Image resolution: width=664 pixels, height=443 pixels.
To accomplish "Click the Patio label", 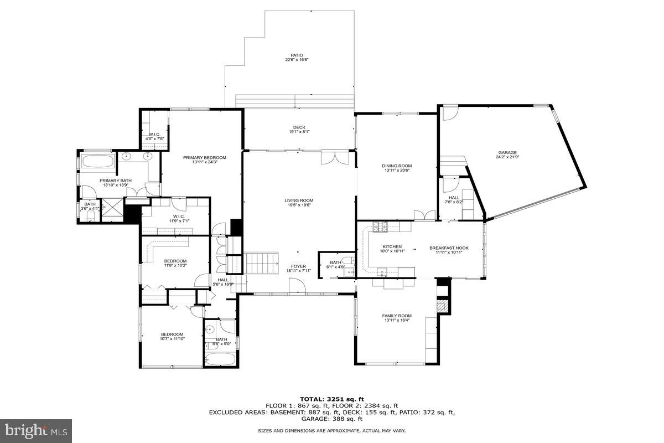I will (297, 55).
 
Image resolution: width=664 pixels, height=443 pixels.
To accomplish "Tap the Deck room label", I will (299, 127).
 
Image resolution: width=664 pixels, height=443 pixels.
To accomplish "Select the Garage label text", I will (507, 152).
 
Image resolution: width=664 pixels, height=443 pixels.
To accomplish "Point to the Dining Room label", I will (397, 166).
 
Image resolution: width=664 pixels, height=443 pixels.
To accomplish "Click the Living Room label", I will (299, 200).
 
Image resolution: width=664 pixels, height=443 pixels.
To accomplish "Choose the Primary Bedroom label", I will (205, 157).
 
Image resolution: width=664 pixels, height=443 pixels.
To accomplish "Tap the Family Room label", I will (397, 316).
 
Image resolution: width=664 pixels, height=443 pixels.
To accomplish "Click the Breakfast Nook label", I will (449, 248).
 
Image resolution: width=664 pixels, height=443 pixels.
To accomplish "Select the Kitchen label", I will (392, 247).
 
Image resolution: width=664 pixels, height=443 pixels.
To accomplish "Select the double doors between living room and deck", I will (335, 157).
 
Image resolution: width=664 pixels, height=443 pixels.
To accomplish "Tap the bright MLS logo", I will (37, 429).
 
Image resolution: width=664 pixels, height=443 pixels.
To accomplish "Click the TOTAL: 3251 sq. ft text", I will (332, 399).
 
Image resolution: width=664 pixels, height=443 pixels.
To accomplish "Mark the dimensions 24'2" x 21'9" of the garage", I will (507, 157).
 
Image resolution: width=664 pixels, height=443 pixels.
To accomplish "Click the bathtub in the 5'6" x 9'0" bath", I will (220, 359).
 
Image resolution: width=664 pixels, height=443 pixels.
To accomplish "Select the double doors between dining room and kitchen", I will (424, 214).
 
